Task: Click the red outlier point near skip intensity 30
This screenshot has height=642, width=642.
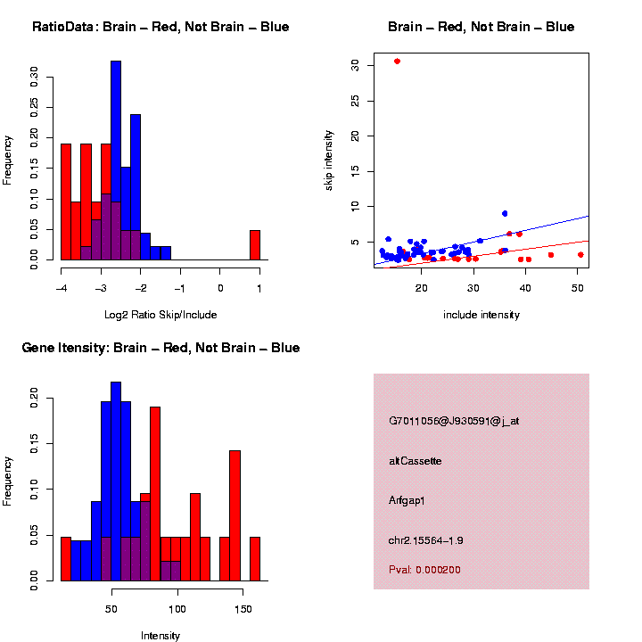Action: (397, 62)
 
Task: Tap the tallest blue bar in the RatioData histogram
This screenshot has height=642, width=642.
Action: (116, 160)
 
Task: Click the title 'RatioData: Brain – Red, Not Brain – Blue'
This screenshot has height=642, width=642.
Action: (160, 28)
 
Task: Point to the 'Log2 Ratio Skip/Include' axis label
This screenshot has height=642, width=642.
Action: (160, 315)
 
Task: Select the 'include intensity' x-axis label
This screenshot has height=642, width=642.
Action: (481, 315)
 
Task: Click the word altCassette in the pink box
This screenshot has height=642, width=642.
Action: (416, 461)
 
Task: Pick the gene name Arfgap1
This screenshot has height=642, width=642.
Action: (407, 500)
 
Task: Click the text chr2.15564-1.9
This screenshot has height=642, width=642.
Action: (426, 540)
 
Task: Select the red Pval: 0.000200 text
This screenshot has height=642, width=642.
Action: (424, 570)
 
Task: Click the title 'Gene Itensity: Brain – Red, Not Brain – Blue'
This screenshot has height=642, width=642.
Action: (160, 348)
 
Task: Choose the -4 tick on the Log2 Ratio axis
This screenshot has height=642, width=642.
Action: (61, 288)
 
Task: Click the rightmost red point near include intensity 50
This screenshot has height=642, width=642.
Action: (580, 255)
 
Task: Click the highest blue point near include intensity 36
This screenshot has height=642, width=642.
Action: (505, 214)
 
